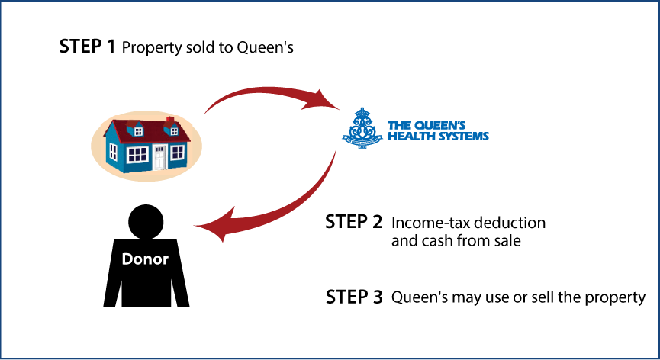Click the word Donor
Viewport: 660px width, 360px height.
(x=145, y=259)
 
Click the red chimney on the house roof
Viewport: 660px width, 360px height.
(x=169, y=121)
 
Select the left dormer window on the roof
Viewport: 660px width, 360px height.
(x=138, y=131)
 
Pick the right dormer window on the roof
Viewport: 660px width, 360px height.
(x=174, y=131)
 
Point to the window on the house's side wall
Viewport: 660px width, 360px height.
(x=114, y=151)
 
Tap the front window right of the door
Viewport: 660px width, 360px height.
(x=177, y=153)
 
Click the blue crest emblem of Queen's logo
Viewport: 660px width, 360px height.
(x=362, y=127)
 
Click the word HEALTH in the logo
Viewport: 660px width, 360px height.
(x=409, y=137)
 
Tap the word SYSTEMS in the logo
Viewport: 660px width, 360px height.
(x=461, y=137)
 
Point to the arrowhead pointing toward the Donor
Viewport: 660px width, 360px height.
(x=211, y=227)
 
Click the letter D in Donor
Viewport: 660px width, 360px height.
(x=127, y=259)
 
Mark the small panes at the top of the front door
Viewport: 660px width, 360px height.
(x=159, y=148)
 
